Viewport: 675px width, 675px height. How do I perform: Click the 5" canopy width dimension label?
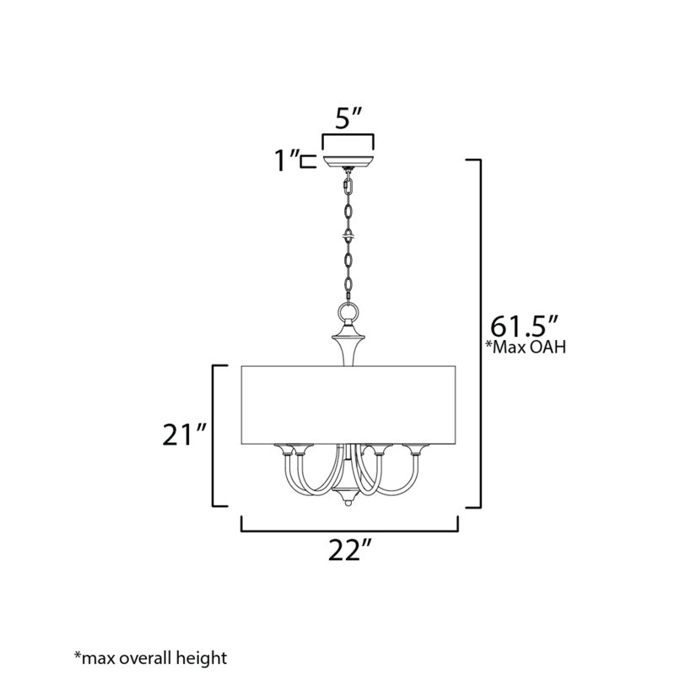tap(348, 119)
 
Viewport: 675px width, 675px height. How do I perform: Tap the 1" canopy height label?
tap(289, 160)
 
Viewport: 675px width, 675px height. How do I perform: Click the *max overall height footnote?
tap(151, 656)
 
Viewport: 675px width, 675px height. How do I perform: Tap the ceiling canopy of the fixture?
tap(348, 159)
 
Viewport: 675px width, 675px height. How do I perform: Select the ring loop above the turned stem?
tap(348, 313)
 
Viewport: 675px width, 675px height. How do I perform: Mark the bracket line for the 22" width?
tap(349, 532)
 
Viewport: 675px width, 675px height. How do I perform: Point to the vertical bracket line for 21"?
tap(212, 435)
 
